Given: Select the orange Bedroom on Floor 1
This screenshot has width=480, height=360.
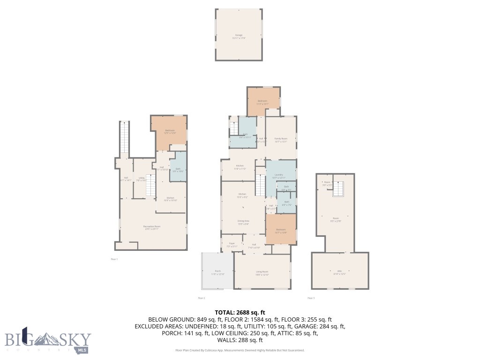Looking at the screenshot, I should (169, 132).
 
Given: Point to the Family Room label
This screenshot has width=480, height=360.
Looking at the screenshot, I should (281, 140).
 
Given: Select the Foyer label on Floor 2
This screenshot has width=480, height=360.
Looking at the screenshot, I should (232, 244).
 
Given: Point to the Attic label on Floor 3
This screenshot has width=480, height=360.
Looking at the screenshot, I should (340, 272).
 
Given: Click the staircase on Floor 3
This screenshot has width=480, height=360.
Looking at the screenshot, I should (339, 189).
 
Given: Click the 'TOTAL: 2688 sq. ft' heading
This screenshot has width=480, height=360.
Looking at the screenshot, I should (240, 312).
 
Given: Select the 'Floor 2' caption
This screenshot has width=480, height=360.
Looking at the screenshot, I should (202, 298).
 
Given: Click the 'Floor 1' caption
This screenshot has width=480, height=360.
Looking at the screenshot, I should (114, 259).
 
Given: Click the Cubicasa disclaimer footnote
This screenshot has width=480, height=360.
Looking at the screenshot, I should (240, 350).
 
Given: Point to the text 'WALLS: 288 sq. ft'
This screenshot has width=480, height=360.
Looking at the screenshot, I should (240, 340).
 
